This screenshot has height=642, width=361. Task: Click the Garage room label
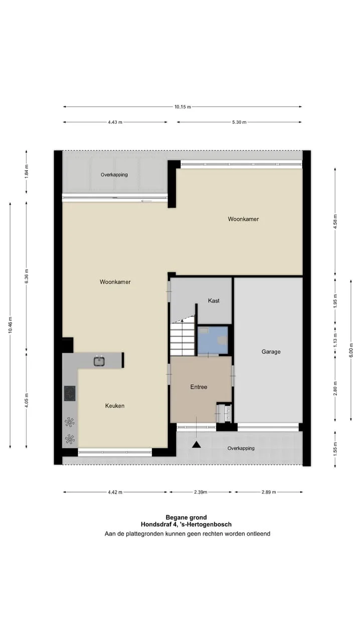coord(271,352)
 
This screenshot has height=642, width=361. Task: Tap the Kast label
coord(214,300)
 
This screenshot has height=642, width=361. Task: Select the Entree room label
coord(199,387)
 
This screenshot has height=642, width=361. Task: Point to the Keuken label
coord(115,406)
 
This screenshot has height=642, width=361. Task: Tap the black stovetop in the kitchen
coord(70,393)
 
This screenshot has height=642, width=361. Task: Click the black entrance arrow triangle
coord(196,444)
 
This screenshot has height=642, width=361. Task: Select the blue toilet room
coord(213,340)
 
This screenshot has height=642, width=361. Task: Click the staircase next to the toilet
coord(183,338)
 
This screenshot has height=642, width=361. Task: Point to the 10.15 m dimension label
coord(183,107)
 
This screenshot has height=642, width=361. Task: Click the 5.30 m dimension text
coord(239,122)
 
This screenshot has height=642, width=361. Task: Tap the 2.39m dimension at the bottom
coord(201,492)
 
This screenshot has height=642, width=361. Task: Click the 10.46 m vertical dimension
coord(11,325)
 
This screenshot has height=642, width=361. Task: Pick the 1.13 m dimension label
coord(335,340)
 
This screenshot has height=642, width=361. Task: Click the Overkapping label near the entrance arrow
coord(241,448)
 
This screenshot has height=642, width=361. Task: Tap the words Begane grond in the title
coord(186,517)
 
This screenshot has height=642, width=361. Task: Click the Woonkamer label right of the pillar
coord(243,219)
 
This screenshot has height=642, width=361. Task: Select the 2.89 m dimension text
coord(269,492)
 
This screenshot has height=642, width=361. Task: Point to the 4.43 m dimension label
coord(115,122)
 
